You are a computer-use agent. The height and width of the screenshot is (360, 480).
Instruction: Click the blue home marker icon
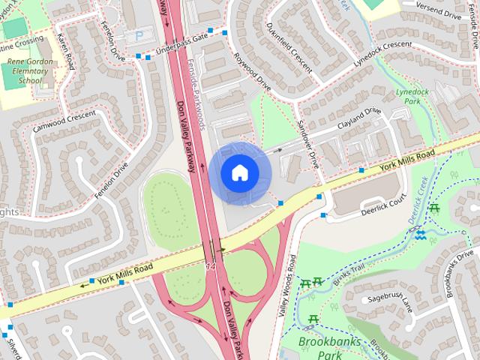click(x=239, y=173)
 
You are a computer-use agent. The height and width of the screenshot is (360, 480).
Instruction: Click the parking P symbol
click(x=139, y=36)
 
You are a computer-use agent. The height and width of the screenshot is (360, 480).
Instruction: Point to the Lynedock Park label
click(x=410, y=95)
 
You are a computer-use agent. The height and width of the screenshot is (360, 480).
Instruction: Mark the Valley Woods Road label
click(x=286, y=284)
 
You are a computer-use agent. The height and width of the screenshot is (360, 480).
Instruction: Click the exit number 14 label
click(x=210, y=265)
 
